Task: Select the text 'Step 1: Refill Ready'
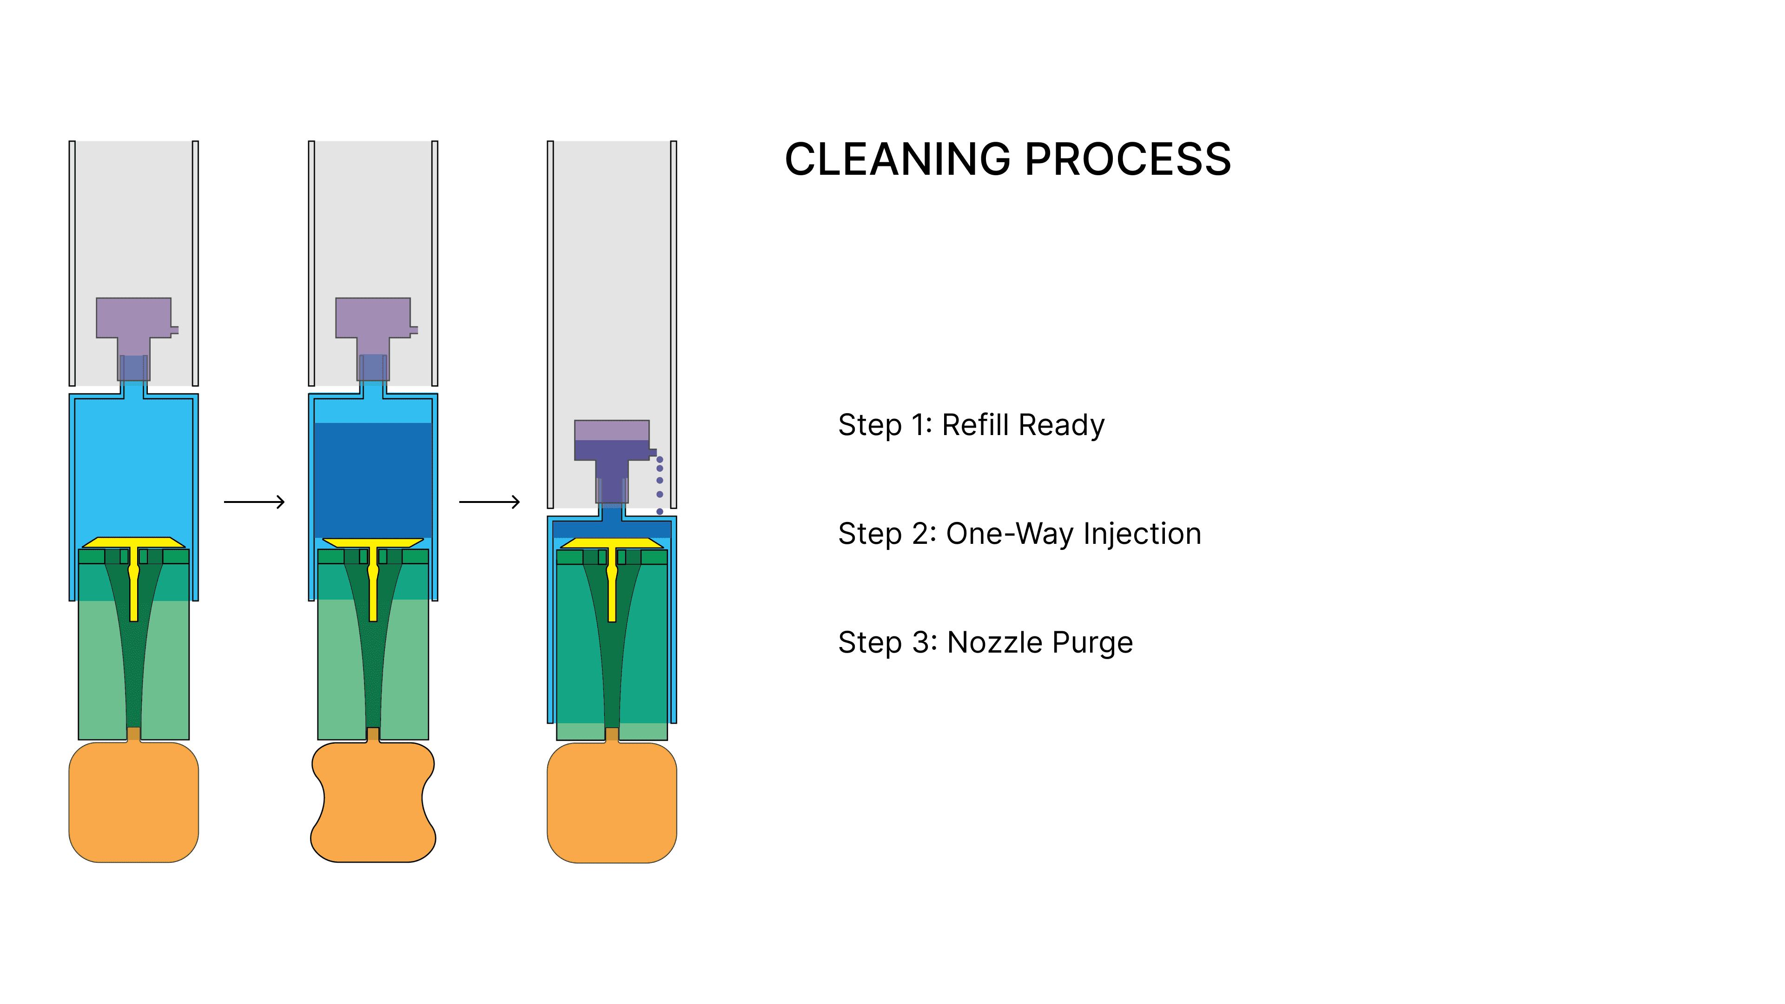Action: coord(971,425)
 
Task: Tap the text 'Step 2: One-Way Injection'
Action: coord(1019,534)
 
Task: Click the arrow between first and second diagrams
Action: coord(254,502)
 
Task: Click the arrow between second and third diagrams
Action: coord(489,502)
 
